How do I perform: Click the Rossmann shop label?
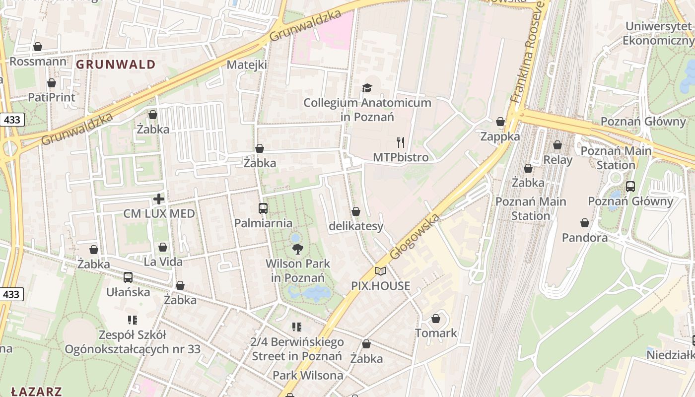(x=38, y=62)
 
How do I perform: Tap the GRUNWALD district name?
(x=116, y=64)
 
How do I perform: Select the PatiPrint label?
(x=52, y=97)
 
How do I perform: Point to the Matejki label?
(x=247, y=65)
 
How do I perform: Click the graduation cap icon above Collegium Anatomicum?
(x=367, y=88)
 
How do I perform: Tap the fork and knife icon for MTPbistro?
(x=401, y=142)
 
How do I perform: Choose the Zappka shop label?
(x=500, y=136)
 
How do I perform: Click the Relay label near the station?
(x=557, y=160)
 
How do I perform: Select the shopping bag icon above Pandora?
(x=585, y=223)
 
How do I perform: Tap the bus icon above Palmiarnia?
(x=263, y=208)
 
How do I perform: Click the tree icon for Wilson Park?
(x=297, y=249)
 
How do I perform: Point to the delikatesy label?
(x=356, y=226)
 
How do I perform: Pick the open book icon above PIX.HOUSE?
(x=381, y=271)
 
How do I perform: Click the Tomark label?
(x=436, y=333)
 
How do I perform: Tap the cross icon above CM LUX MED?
(x=159, y=199)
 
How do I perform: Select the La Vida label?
(x=163, y=262)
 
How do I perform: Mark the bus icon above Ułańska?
(x=128, y=277)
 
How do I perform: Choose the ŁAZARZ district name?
(x=36, y=391)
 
